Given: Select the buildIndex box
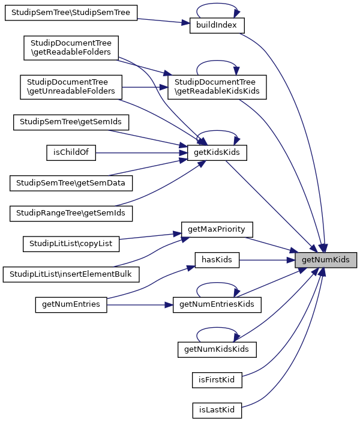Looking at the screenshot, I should click(x=217, y=26).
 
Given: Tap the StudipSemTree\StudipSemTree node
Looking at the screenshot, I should click(x=71, y=13).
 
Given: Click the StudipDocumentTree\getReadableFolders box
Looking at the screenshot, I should click(x=71, y=48).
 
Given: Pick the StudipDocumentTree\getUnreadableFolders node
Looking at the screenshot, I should click(x=71, y=87).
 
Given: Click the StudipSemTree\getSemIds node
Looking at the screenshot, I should click(x=71, y=122).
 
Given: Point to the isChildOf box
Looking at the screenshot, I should click(x=71, y=152).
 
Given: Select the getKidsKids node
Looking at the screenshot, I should click(x=217, y=153).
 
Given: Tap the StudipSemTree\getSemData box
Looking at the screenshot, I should click(x=71, y=182).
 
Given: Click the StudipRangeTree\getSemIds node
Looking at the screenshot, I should click(x=71, y=213).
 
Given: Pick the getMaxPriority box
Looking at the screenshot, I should click(x=217, y=229).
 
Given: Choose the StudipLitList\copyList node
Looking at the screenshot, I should click(x=71, y=244).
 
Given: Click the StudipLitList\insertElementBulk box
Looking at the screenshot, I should click(x=71, y=274).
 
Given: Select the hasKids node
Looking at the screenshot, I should click(x=217, y=259).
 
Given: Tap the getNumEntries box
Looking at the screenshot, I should click(x=71, y=304).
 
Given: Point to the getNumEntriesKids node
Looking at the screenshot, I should click(x=217, y=304).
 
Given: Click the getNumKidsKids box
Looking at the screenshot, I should click(x=217, y=349).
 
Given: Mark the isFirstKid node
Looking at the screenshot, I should click(x=217, y=380).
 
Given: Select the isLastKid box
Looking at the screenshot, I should click(x=217, y=411).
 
